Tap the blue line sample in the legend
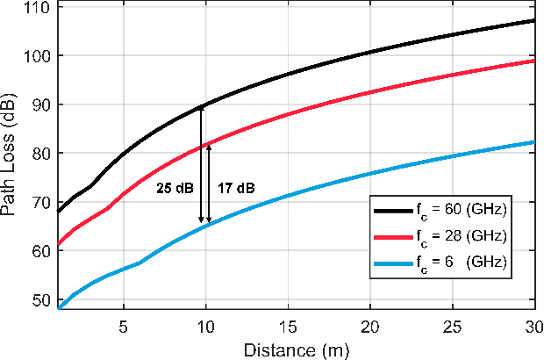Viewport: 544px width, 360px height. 392,263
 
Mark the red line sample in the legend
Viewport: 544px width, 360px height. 392,236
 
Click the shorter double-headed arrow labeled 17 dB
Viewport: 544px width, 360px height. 209,184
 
